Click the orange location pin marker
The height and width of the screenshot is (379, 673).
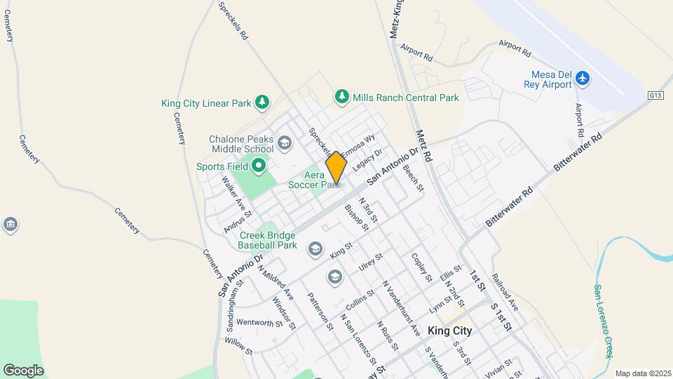(336, 168)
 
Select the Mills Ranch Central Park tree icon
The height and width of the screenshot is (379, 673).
(342, 97)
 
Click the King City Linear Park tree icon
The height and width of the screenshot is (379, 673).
(262, 102)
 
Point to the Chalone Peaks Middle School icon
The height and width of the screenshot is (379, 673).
(284, 144)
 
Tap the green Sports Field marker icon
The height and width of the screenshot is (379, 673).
(259, 166)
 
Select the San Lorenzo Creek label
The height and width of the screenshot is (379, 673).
(607, 319)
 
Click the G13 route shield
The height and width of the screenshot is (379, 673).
(656, 95)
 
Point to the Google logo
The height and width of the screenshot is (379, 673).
(23, 371)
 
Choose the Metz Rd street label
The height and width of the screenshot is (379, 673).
(426, 146)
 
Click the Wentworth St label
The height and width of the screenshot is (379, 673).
(259, 323)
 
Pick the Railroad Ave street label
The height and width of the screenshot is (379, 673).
(505, 291)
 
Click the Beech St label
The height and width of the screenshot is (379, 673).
(414, 178)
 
